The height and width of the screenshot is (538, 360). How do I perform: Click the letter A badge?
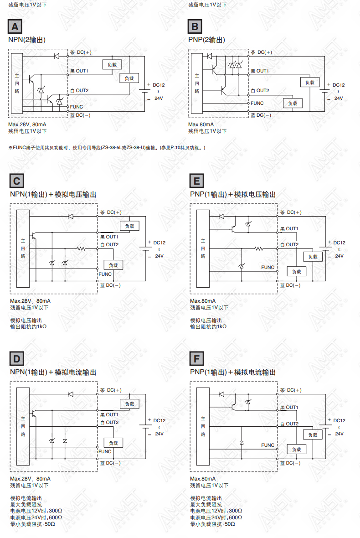point(15,26)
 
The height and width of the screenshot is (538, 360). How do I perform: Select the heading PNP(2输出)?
point(207,40)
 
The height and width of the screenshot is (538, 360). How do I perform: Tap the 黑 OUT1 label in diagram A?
point(79,71)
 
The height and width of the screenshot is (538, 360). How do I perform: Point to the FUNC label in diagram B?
point(257,103)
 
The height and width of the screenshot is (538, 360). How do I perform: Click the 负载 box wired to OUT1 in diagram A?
point(112,64)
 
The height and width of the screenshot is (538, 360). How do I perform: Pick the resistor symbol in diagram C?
point(81,248)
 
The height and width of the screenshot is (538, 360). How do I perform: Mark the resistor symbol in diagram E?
point(258,248)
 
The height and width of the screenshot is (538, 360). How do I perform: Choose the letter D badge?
point(17,359)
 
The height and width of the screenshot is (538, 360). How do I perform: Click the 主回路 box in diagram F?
point(203,426)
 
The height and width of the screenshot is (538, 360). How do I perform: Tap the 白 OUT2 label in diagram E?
point(289,245)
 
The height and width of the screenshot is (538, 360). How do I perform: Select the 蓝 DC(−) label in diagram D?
point(110,463)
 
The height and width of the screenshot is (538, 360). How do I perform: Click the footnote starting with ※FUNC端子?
point(107,148)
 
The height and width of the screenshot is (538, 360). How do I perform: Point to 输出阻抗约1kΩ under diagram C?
point(28,326)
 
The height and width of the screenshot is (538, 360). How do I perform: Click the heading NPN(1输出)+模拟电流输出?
point(53,372)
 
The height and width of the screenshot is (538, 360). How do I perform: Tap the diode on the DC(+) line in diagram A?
point(57,56)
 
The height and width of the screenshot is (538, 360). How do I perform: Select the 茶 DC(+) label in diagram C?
point(111,212)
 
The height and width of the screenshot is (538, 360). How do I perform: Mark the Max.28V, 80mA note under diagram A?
point(27,124)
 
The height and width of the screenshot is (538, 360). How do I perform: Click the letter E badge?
point(197,181)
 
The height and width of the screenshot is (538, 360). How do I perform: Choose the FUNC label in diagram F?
point(268,445)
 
